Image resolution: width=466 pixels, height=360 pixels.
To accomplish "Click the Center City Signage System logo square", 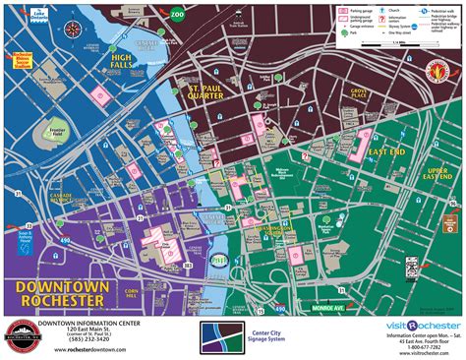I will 217,335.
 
